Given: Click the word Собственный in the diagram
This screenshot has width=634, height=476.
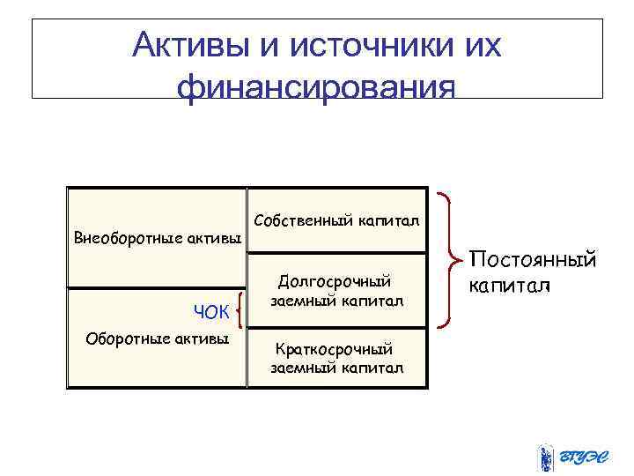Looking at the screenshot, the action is click(298, 219).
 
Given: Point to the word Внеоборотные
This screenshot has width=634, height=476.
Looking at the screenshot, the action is click(129, 238).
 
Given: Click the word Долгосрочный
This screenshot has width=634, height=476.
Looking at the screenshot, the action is click(334, 282).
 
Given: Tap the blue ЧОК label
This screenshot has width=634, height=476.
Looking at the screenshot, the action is click(211, 311).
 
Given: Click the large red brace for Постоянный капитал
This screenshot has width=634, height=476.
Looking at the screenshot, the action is click(453, 262).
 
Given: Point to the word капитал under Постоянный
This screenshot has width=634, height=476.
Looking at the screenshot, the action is click(509, 286).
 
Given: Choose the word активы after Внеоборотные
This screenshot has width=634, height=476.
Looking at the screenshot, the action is click(215, 238).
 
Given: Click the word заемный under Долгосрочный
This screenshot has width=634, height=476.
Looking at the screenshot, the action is click(299, 301).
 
